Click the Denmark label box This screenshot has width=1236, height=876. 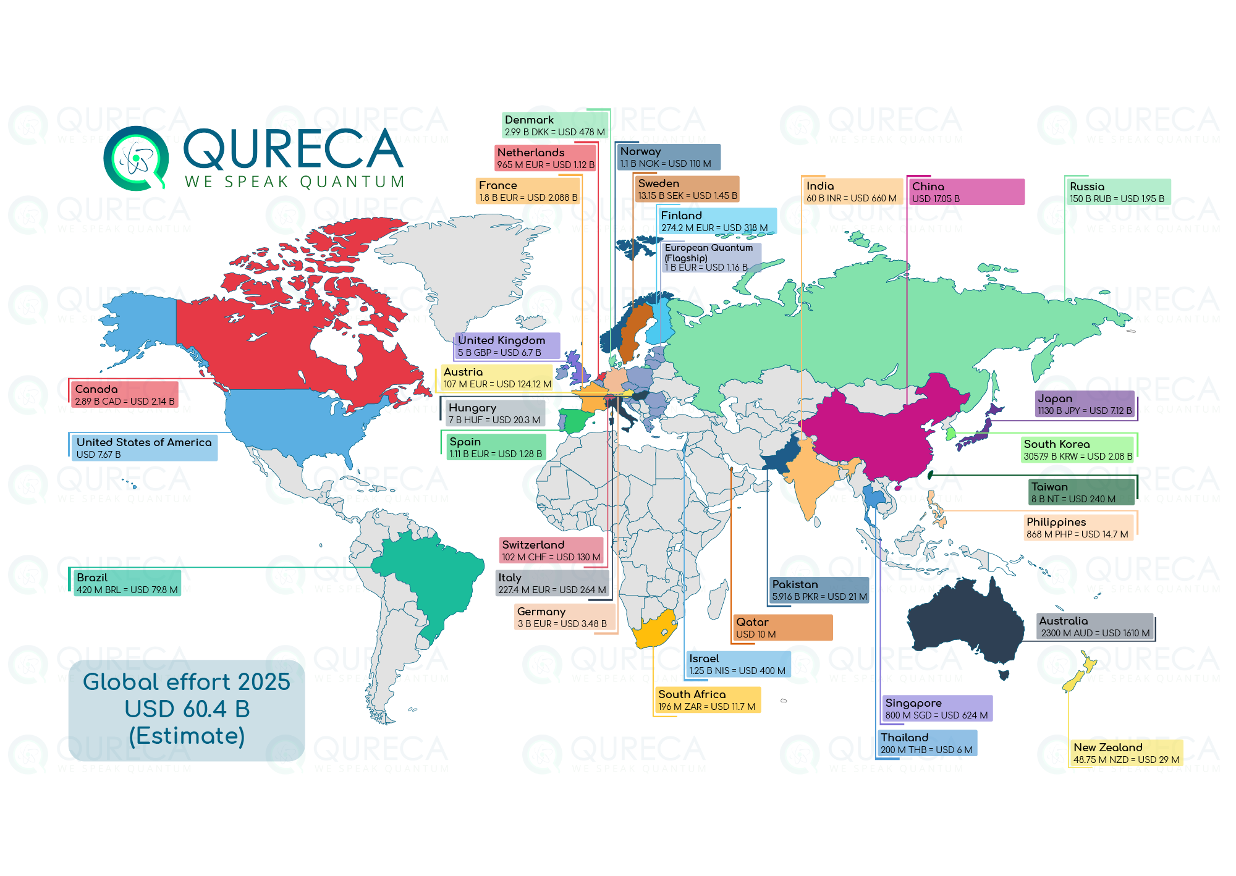[x=554, y=125]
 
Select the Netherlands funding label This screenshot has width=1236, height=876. [x=545, y=158]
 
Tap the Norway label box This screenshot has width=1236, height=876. [x=669, y=157]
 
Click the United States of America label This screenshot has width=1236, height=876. [x=143, y=448]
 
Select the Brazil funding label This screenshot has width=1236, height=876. [x=127, y=583]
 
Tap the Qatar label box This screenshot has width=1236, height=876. [x=782, y=628]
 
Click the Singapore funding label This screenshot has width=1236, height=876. [x=937, y=709]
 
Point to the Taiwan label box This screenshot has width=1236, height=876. [x=1081, y=492]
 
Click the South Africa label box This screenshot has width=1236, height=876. [x=707, y=700]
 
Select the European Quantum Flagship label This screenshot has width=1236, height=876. [x=711, y=257]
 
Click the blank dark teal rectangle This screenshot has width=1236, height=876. [x=186, y=710]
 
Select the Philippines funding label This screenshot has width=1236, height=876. [x=1079, y=528]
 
